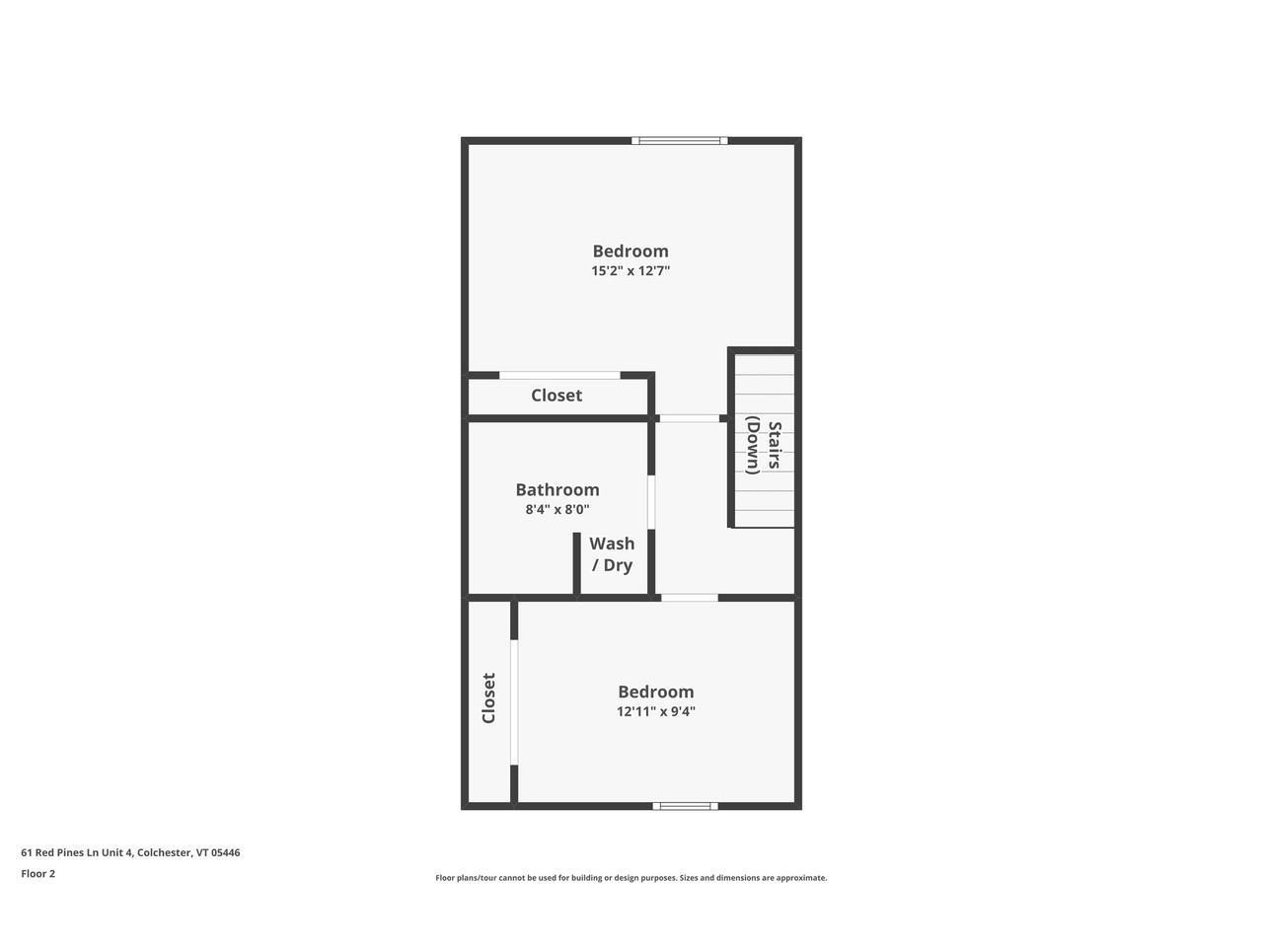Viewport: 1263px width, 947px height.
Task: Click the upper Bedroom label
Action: [x=631, y=252]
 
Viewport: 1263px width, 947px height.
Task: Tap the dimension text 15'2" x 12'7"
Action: [x=631, y=271]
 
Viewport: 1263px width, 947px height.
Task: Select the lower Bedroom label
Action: [x=656, y=692]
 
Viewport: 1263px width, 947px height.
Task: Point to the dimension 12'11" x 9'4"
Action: [x=656, y=712]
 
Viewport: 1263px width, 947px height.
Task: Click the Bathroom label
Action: [x=557, y=490]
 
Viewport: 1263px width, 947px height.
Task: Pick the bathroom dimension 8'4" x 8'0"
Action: [x=557, y=510]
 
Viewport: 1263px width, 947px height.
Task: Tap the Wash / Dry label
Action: [x=612, y=554]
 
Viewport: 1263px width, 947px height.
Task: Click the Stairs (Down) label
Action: [x=763, y=447]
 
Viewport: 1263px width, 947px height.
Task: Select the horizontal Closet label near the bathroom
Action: [x=557, y=396]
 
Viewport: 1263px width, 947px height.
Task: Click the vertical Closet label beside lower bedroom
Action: [x=488, y=698]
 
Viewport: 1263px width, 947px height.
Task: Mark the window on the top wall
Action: [x=680, y=141]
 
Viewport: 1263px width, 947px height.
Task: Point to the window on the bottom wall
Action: [x=686, y=806]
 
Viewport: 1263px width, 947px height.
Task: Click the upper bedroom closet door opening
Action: [x=559, y=375]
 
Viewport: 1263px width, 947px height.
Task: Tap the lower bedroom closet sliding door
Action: [x=514, y=701]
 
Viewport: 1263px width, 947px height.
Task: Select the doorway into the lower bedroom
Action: [x=689, y=597]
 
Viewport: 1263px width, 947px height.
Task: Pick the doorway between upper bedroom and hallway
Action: [x=689, y=418]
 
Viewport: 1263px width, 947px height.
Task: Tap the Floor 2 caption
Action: [x=38, y=874]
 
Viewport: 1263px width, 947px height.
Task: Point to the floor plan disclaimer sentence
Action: [x=631, y=878]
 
